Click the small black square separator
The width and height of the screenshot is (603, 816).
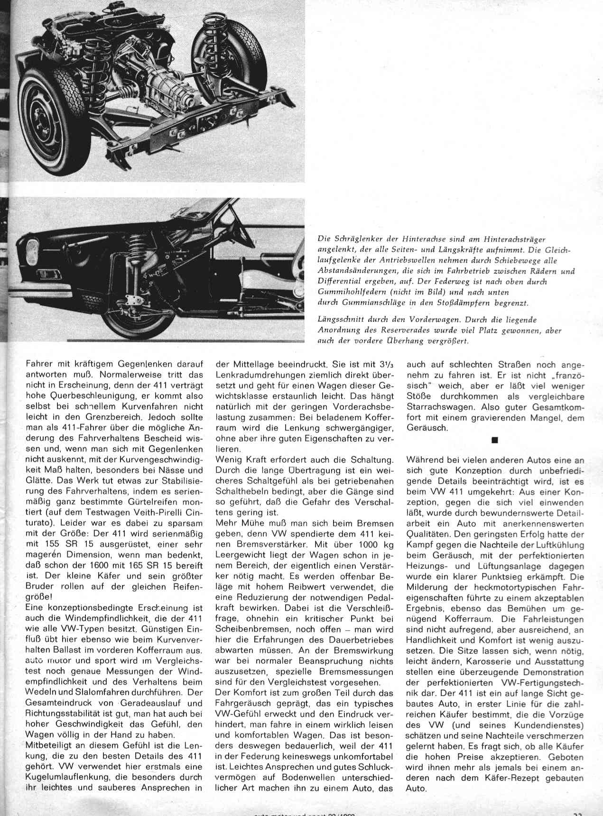coord(494,440)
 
